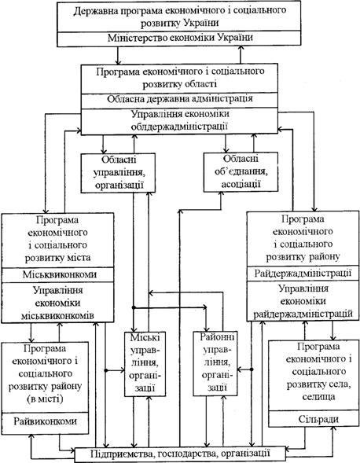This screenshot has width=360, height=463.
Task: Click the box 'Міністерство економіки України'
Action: [x=179, y=39]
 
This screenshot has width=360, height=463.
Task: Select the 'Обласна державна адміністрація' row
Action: [x=179, y=101]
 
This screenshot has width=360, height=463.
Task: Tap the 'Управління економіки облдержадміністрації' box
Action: [x=179, y=121]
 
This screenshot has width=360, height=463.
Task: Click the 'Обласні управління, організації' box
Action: [x=118, y=173]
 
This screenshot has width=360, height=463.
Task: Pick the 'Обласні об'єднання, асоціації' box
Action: [x=241, y=172]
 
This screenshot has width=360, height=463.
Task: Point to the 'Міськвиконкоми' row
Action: [x=58, y=274]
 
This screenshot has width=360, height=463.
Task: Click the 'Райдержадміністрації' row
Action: [x=303, y=274]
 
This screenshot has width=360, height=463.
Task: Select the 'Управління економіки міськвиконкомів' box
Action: [x=58, y=303]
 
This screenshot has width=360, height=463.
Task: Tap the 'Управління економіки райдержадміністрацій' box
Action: [x=303, y=301]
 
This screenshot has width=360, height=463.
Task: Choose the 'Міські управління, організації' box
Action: [x=145, y=364]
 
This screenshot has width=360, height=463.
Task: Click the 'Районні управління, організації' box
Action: [x=215, y=363]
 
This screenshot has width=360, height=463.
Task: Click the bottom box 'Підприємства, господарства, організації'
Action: [x=180, y=454]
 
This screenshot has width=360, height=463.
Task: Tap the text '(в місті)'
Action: [x=45, y=399]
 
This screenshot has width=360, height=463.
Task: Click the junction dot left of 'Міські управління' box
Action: [x=106, y=370]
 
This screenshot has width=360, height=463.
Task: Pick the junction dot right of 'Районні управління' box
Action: [x=252, y=369]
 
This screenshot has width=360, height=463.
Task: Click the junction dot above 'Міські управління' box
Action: [x=134, y=307]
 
